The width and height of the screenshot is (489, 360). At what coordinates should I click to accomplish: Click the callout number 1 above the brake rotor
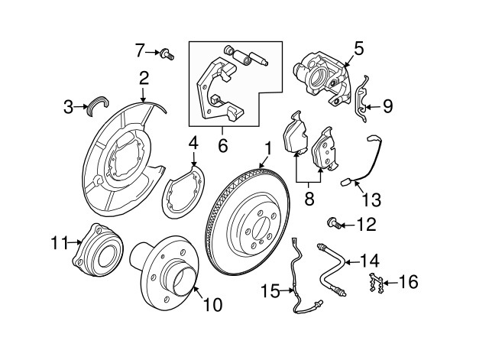pos(268,148)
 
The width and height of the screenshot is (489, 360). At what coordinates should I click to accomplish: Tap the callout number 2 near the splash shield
pos(144,77)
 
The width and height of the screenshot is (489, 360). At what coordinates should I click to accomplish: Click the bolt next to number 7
pos(167,53)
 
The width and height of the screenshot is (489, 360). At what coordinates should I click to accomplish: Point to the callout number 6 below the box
pos(223,144)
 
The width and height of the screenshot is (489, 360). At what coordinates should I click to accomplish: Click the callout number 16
pos(409,283)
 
